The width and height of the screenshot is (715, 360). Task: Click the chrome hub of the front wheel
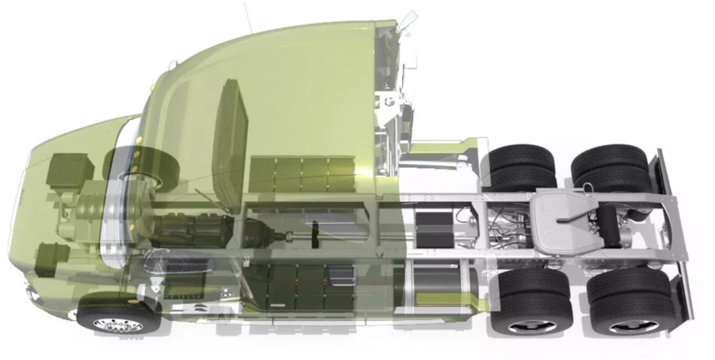[x=117, y=325]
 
